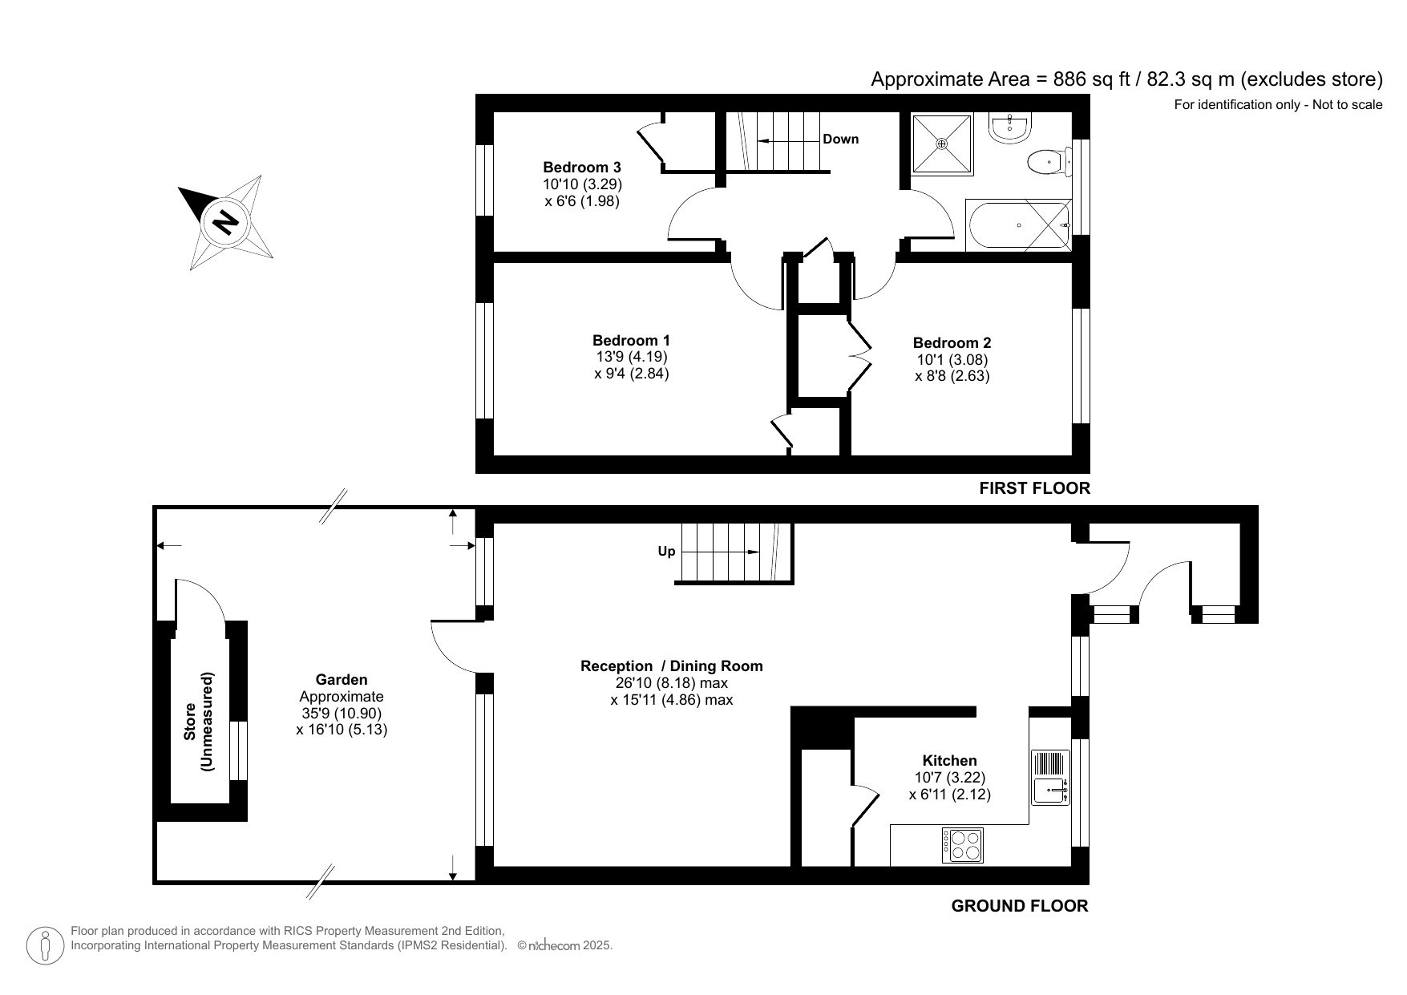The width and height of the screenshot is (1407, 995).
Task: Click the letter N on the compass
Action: [226, 220]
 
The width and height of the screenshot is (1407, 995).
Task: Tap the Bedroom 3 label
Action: [581, 168]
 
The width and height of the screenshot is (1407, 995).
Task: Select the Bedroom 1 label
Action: [631, 341]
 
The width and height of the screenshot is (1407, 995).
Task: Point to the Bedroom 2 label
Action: [952, 343]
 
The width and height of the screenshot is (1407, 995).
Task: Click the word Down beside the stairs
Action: [840, 140]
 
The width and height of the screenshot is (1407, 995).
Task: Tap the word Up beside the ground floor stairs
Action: [666, 552]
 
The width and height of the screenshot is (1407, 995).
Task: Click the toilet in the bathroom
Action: [1046, 163]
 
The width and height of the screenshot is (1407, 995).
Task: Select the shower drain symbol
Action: [942, 144]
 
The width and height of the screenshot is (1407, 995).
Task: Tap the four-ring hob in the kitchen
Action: [962, 845]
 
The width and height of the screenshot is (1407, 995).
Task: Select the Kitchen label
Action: [949, 761]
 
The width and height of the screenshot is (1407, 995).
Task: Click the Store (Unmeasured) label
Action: [200, 721]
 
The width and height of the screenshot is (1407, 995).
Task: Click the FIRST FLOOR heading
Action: [1034, 488]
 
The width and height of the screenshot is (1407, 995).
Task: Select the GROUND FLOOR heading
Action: [1019, 907]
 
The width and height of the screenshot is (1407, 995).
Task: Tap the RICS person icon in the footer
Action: [46, 946]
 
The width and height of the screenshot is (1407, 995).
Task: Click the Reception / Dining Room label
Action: [671, 666]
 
